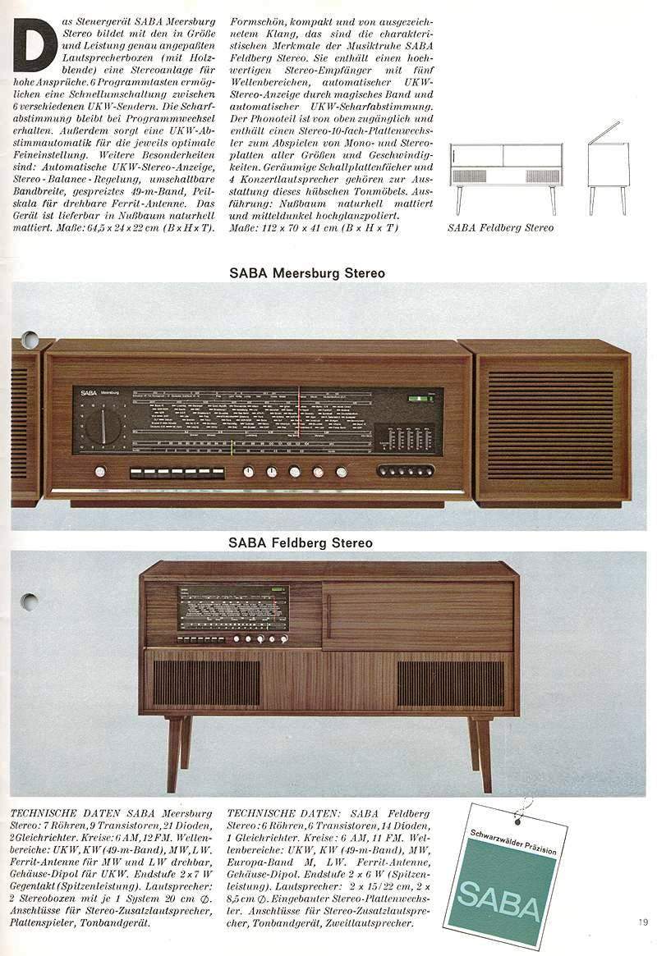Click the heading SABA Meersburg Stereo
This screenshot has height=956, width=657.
(x=306, y=273)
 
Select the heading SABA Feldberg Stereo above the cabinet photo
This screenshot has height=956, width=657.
(x=301, y=542)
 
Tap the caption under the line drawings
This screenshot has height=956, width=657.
(x=500, y=227)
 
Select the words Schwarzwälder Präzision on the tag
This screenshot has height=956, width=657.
(x=514, y=843)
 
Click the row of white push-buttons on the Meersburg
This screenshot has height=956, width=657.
(x=177, y=473)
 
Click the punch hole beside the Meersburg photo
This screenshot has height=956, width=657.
(x=30, y=340)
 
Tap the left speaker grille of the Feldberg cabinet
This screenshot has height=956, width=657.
(x=206, y=682)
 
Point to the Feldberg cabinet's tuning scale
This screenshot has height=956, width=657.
(x=234, y=607)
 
